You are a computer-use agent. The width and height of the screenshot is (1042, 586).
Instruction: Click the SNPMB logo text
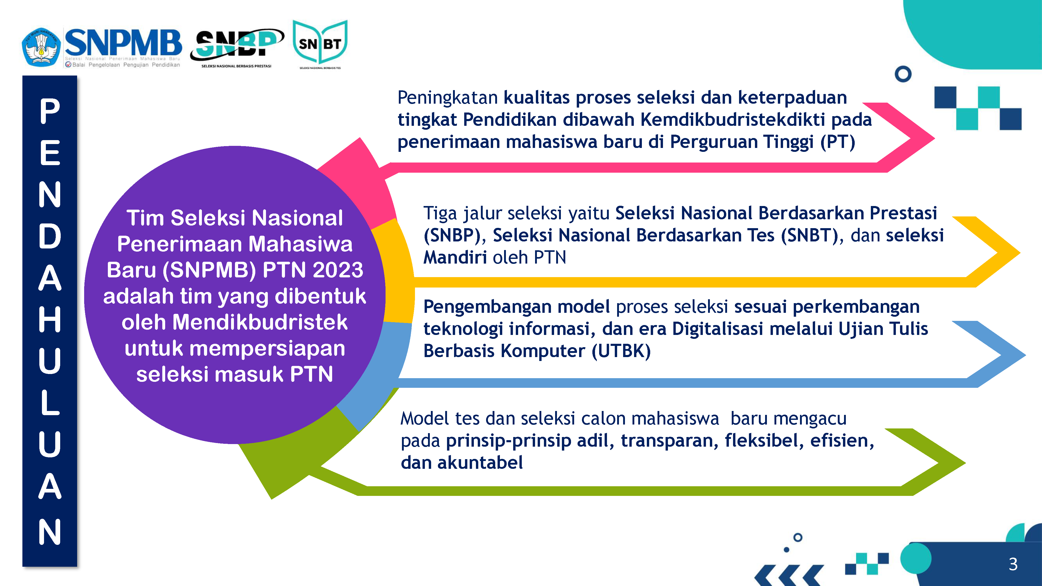coord(123,42)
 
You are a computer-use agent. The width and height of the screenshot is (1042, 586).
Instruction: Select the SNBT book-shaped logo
coord(320,44)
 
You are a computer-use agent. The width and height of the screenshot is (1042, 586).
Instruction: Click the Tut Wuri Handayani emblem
coord(41,47)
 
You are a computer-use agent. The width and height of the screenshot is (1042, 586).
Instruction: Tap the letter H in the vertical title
coord(50,320)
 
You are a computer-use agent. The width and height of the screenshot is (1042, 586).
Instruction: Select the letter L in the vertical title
coord(50,403)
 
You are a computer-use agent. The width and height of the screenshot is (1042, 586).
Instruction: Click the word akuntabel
coord(480,463)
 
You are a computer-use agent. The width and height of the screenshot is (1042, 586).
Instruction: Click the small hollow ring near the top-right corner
coord(903,74)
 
